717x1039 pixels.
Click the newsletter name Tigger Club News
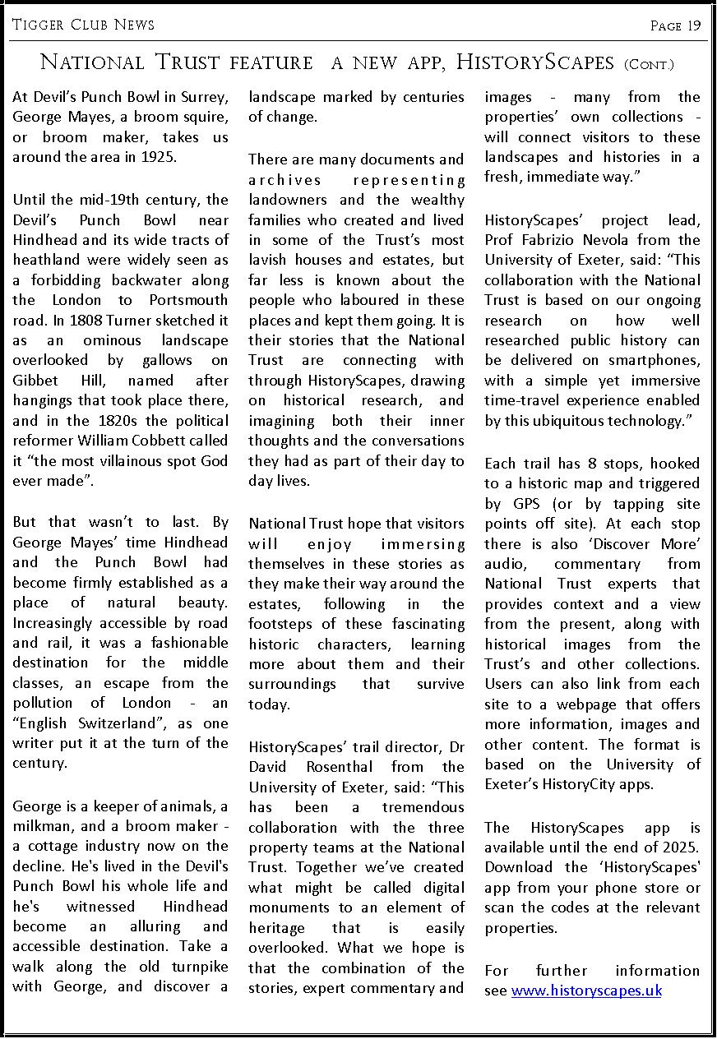(x=83, y=25)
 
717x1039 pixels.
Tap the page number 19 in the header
(x=694, y=25)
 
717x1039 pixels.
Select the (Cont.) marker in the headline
(x=649, y=63)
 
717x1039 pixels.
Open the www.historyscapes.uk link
(x=586, y=991)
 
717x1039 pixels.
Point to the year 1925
(x=159, y=157)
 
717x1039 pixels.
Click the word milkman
(x=40, y=826)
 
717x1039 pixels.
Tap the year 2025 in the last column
(x=682, y=847)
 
